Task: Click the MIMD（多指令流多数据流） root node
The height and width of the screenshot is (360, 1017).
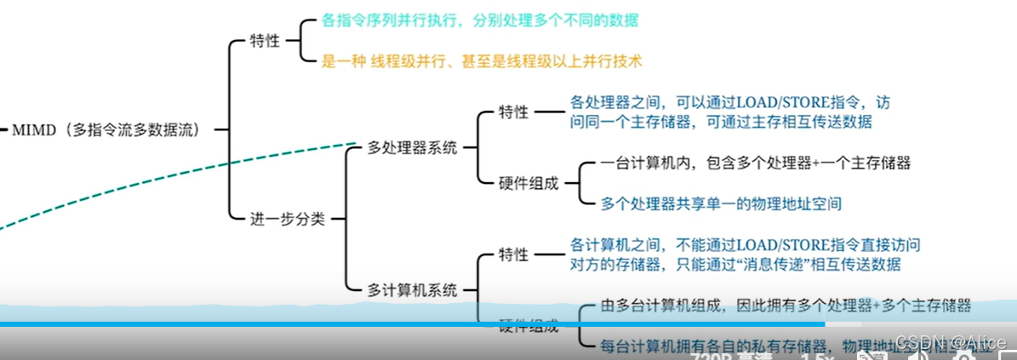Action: tap(106, 130)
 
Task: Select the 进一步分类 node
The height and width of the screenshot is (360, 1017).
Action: tap(287, 219)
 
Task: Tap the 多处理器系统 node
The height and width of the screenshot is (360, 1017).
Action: tap(412, 148)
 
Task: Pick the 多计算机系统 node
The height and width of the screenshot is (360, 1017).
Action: tap(412, 289)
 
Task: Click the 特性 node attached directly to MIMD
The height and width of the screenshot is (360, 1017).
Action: tap(264, 41)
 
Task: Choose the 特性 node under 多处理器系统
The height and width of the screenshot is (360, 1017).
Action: tap(514, 112)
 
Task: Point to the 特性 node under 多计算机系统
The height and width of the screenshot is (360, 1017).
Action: tap(514, 254)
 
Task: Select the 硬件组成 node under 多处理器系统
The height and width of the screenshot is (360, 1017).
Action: tap(528, 183)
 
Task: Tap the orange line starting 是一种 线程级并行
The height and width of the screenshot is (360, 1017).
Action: tap(481, 61)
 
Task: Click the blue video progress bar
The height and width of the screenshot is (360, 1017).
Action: tap(409, 324)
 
